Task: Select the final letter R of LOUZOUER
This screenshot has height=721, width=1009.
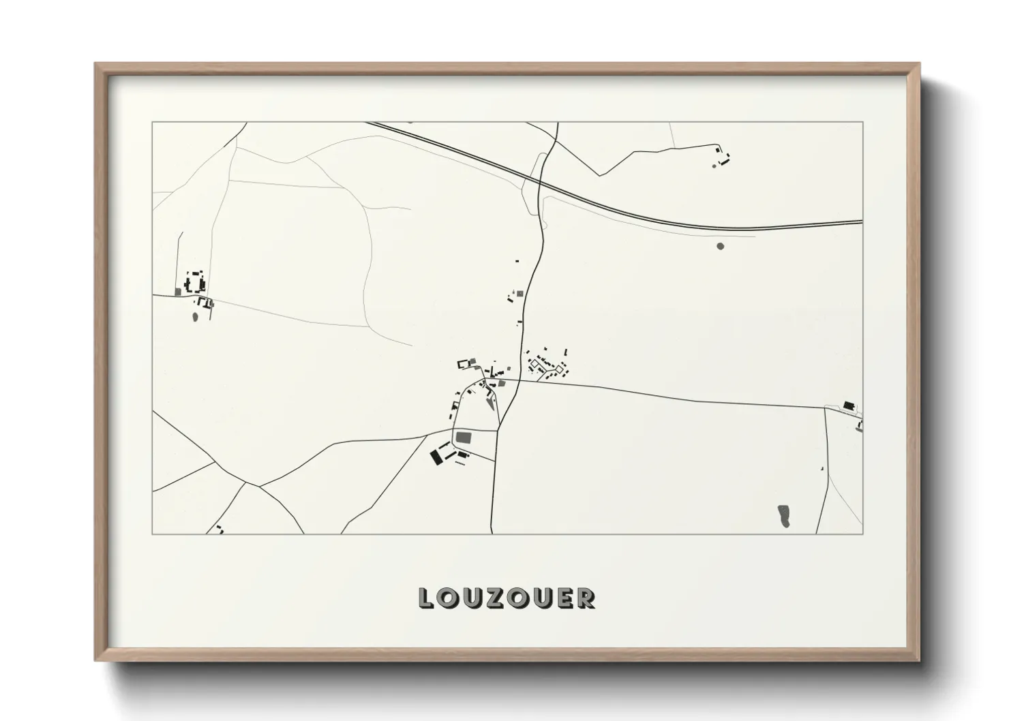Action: [586, 598]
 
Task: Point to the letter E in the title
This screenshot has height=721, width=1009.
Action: [563, 598]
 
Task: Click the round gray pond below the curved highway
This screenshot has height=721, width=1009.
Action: [721, 246]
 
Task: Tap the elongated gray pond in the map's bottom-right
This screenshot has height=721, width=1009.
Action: [784, 515]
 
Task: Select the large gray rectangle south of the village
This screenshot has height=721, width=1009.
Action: [463, 436]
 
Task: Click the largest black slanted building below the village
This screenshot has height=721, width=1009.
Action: [436, 457]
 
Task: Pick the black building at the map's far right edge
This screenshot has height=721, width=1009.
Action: [849, 405]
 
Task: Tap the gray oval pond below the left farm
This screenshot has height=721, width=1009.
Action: [195, 317]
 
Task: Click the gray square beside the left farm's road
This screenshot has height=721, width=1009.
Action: [178, 292]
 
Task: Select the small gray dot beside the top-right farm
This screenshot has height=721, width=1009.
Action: [714, 165]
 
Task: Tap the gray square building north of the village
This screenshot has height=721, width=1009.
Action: [519, 294]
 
